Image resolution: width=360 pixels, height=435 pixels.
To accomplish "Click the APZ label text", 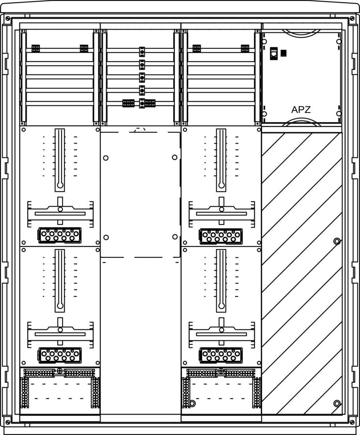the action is click(301, 109).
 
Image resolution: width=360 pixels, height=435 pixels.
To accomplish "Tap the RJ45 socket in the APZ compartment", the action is click(274, 53).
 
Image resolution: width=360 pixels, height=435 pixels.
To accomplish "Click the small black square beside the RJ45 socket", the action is click(284, 53).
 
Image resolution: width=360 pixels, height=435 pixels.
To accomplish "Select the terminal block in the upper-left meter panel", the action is click(59, 235).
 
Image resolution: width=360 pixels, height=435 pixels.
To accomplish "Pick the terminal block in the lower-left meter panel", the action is click(59, 355).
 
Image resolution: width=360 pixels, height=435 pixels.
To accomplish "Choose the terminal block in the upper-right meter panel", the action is click(221, 236).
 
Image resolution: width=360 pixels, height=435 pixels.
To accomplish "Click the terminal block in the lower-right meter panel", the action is click(221, 355).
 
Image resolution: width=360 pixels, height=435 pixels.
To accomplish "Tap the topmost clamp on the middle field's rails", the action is click(142, 52).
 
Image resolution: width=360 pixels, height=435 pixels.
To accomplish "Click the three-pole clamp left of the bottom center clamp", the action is click(128, 103).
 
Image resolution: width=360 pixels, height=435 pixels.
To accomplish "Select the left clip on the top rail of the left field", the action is click(36, 49).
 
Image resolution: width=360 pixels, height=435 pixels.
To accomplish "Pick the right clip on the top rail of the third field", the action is click(245, 48).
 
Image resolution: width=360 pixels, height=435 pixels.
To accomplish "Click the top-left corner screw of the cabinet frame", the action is click(8, 18).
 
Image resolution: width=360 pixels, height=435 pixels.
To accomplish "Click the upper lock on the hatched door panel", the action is click(337, 241).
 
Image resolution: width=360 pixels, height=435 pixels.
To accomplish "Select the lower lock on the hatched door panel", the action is click(337, 403).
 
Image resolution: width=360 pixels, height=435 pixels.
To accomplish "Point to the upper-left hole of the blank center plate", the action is click(105, 158).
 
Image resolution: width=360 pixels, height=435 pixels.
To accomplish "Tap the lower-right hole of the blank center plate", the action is click(175, 237).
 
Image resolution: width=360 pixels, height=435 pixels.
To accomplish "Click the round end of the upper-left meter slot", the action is click(60, 185).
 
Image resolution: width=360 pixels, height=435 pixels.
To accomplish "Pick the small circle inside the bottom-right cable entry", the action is click(193, 403).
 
